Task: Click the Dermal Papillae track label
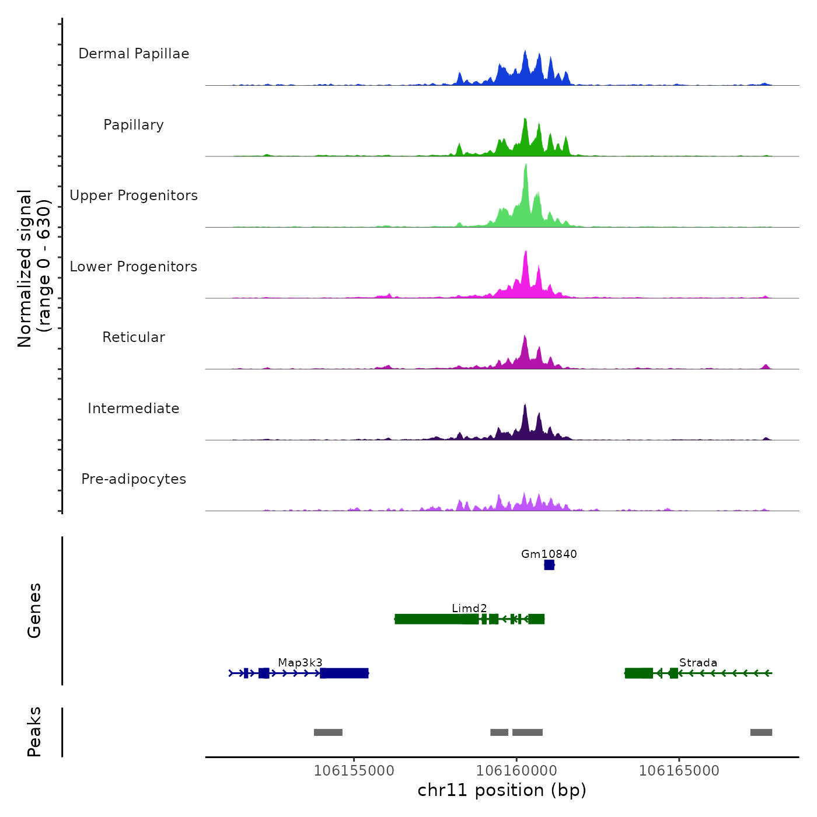coord(134,54)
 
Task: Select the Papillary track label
coord(134,125)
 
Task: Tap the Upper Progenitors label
coord(134,195)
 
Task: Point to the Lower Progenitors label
coord(134,267)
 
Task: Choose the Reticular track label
coord(134,337)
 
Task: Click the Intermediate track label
coord(134,408)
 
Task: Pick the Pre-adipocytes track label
coord(134,479)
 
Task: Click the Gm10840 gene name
coord(549,554)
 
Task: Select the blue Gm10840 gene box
coord(549,565)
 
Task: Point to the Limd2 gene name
coord(469,608)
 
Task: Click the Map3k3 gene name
coord(300,662)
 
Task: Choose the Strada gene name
coord(698,662)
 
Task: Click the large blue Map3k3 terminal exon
coord(344,673)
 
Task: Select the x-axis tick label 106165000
coord(679,770)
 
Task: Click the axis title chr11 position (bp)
coord(502,790)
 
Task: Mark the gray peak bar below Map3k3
coord(328,732)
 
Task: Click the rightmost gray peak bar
coord(761,732)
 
